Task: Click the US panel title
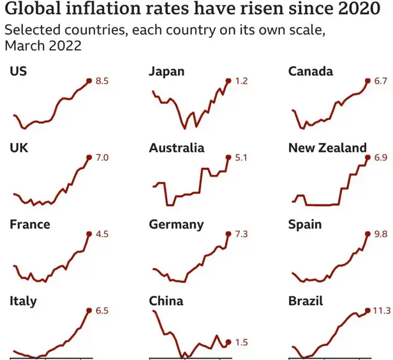(x=18, y=71)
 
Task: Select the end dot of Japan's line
(x=228, y=81)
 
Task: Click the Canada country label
(x=311, y=71)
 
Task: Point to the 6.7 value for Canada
(x=381, y=81)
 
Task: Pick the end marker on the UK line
(x=88, y=157)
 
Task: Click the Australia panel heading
(x=177, y=148)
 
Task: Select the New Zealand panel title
(x=328, y=148)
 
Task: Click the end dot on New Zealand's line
(x=367, y=157)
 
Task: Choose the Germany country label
(x=176, y=225)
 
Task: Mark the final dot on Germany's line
(x=228, y=234)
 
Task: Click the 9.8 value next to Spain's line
(x=381, y=234)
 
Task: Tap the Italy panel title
(x=23, y=301)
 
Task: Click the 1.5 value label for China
(x=241, y=343)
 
